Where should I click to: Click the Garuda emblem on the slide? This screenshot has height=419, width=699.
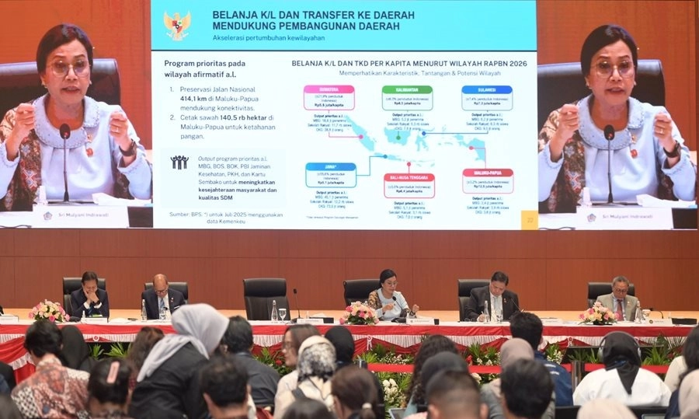point(177,25)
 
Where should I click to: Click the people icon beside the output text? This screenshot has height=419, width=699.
point(179,162)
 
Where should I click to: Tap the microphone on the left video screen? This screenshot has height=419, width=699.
point(65,132)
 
